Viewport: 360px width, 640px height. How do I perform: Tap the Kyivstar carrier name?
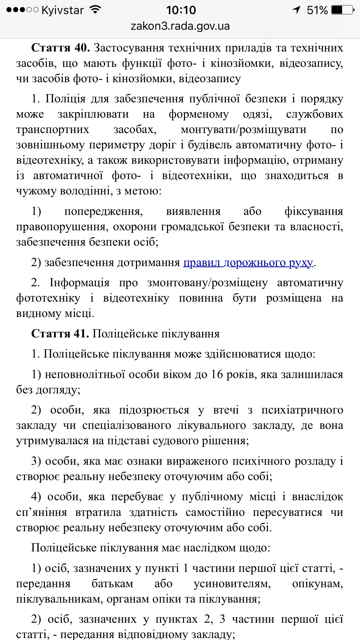click(x=62, y=10)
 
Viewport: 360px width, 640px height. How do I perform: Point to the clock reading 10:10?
click(x=181, y=10)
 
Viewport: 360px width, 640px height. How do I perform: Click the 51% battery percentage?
click(x=317, y=10)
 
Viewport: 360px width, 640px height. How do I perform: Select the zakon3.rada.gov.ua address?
click(x=180, y=26)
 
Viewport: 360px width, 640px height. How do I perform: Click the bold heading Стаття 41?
click(x=60, y=334)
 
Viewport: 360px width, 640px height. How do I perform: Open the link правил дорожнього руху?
click(x=248, y=263)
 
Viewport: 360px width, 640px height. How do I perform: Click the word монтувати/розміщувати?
click(x=244, y=130)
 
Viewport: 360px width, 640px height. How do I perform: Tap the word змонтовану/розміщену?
click(x=207, y=283)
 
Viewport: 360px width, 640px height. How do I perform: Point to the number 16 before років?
click(x=217, y=374)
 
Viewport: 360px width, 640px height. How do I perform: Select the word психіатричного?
click(x=302, y=410)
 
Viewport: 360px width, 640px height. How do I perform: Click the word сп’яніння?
click(x=42, y=512)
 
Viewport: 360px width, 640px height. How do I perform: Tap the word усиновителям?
click(x=232, y=583)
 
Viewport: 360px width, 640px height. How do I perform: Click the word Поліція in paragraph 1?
click(x=66, y=99)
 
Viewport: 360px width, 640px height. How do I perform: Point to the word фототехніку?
click(x=48, y=298)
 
